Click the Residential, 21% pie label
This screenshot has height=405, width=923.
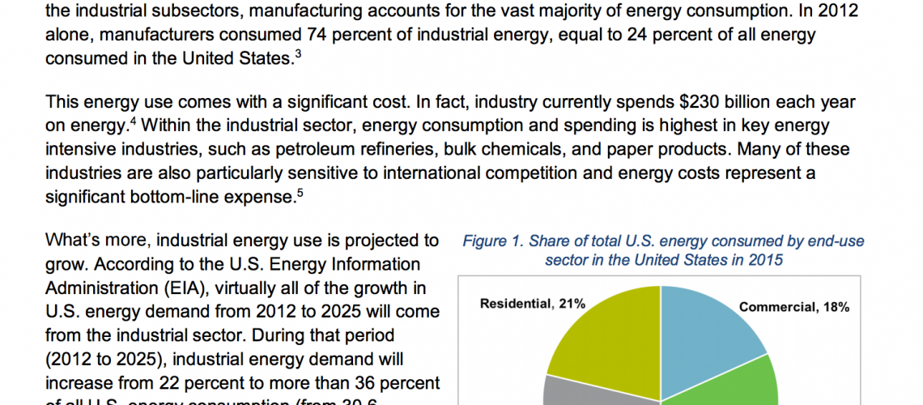click(533, 304)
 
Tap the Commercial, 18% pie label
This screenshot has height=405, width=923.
click(793, 307)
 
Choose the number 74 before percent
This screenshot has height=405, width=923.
click(320, 35)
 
